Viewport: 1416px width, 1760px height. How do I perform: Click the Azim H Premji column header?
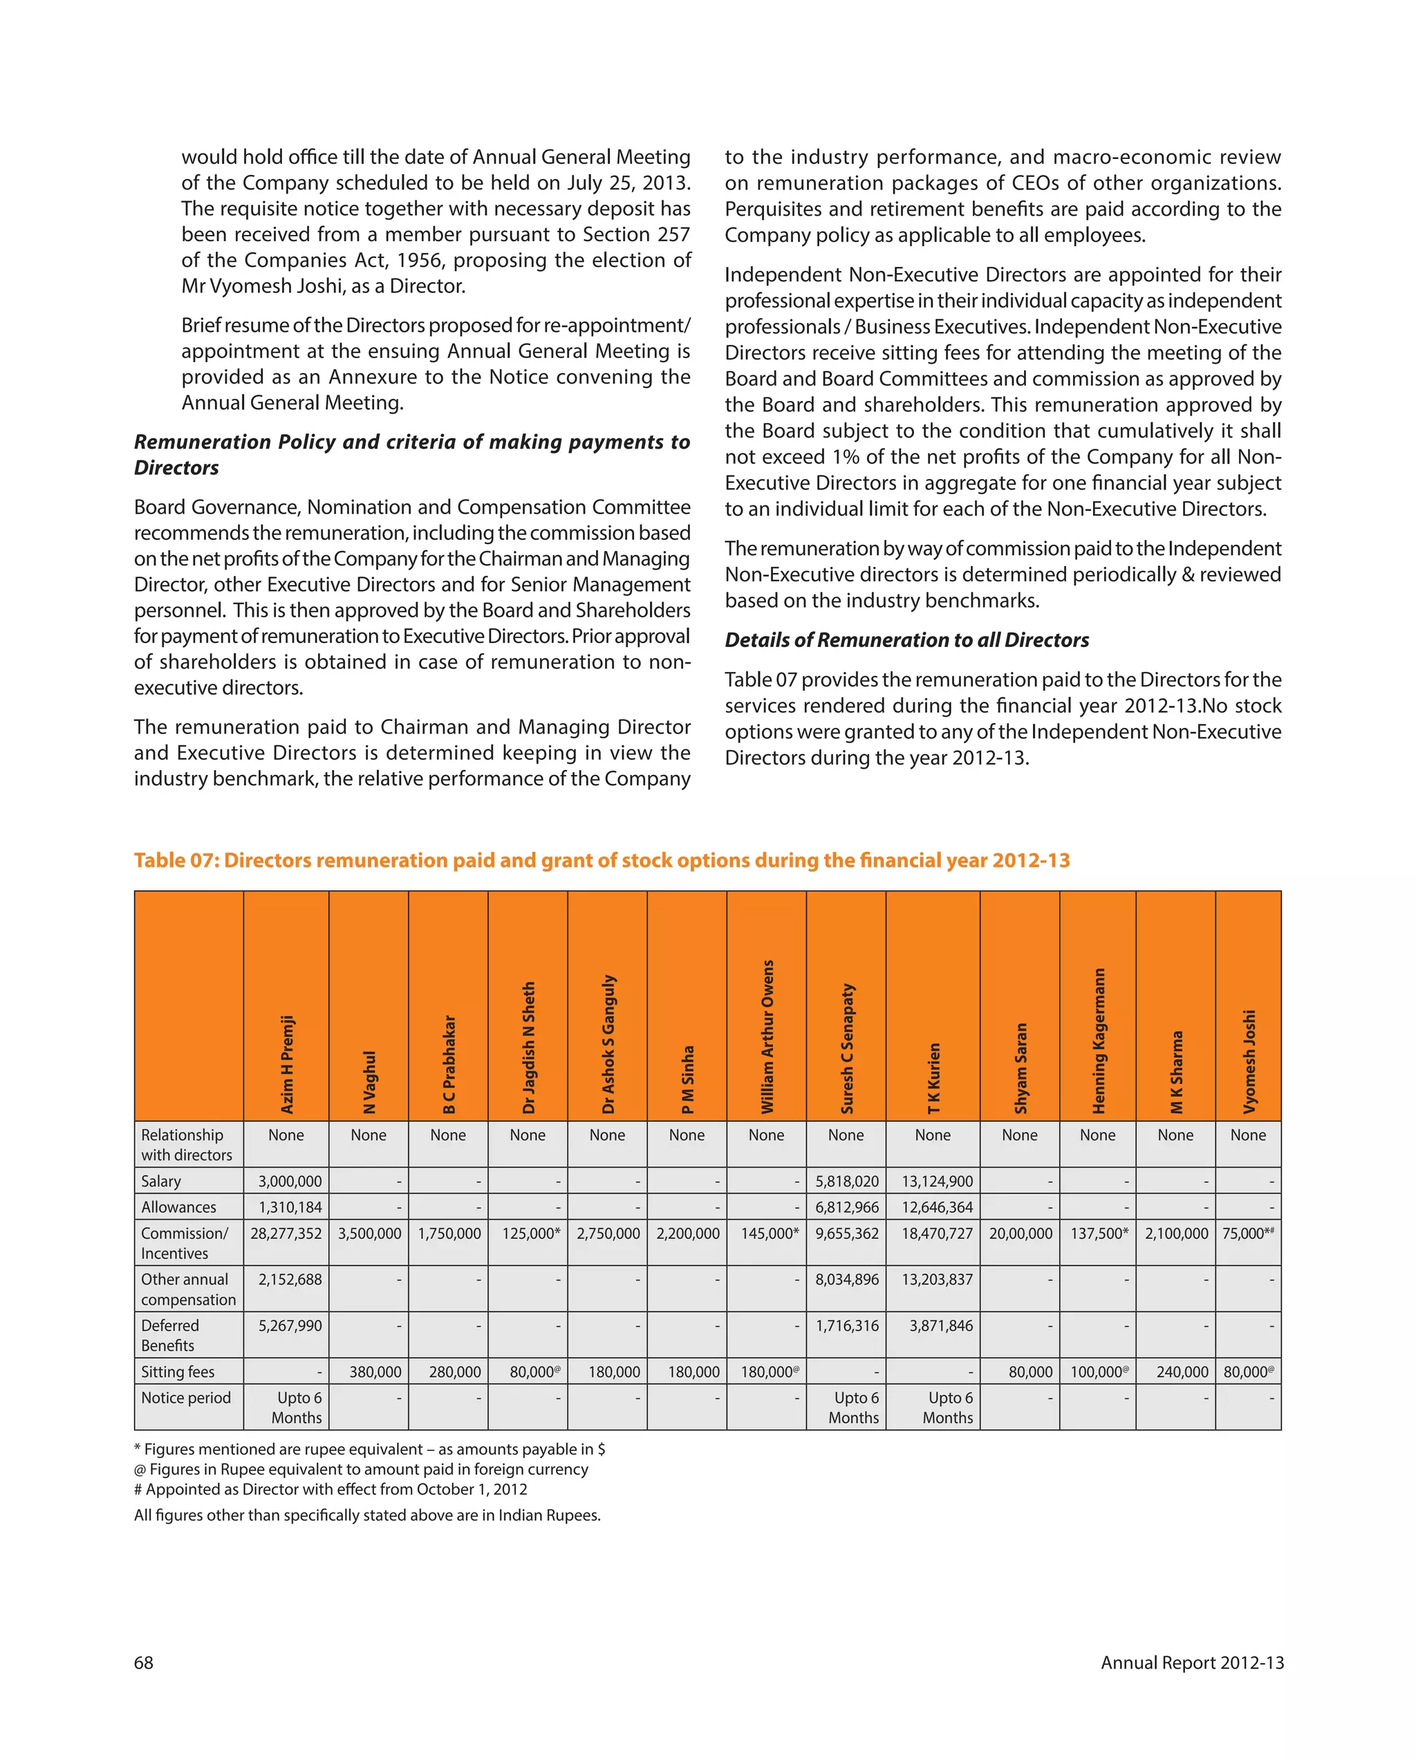click(287, 1064)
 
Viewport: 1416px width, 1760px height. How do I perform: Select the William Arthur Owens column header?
click(767, 1036)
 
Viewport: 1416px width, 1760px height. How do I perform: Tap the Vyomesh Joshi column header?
click(1249, 1060)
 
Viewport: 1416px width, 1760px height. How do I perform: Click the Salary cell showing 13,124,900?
click(937, 1181)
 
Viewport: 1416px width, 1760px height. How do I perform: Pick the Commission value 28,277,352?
click(286, 1233)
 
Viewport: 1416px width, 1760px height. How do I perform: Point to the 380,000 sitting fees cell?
click(375, 1372)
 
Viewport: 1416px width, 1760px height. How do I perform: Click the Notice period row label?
click(186, 1398)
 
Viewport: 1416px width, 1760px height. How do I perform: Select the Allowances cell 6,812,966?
click(847, 1208)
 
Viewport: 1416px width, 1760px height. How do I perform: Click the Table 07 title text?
click(602, 861)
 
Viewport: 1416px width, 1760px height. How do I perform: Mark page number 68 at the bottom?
click(144, 1663)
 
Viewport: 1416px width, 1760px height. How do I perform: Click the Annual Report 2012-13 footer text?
click(1191, 1663)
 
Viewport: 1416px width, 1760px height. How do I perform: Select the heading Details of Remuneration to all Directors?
click(906, 640)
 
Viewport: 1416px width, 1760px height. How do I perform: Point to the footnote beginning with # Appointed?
click(330, 1489)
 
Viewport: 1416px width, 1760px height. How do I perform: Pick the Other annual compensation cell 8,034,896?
click(847, 1279)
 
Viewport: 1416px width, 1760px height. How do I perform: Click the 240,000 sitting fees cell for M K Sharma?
click(1182, 1372)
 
